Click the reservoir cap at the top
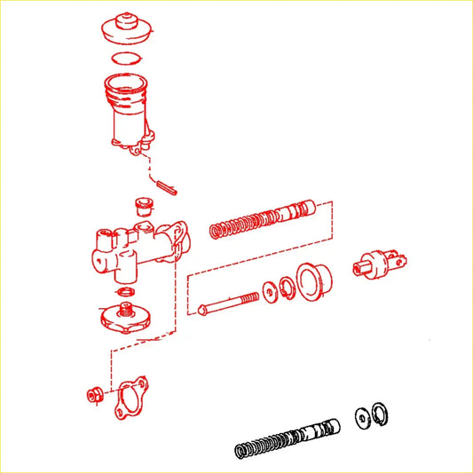click(x=125, y=31)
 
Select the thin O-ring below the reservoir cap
click(x=125, y=59)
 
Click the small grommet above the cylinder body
click(x=140, y=207)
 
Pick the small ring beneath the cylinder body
click(x=125, y=292)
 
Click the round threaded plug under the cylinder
click(x=127, y=316)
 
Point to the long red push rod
click(x=229, y=303)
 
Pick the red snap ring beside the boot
click(x=287, y=289)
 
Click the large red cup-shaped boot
click(x=314, y=280)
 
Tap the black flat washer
click(x=362, y=415)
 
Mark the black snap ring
click(x=380, y=411)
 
